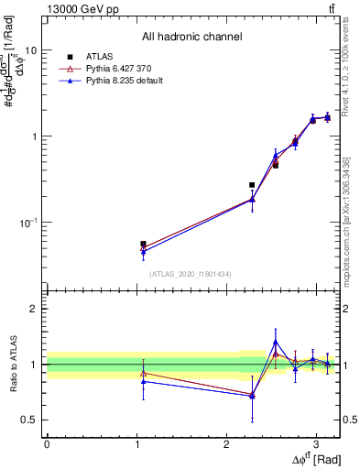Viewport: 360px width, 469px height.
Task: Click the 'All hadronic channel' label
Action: tap(191, 37)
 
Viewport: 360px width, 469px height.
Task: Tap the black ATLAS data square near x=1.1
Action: tap(143, 245)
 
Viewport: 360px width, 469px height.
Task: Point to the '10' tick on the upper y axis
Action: tap(30, 50)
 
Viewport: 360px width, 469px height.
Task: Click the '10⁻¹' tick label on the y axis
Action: tap(27, 223)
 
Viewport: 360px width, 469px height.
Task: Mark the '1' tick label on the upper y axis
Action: tap(34, 136)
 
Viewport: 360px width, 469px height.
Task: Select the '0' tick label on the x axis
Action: tap(47, 442)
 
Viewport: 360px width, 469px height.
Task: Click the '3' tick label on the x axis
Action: tap(316, 442)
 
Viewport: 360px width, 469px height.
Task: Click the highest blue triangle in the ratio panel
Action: tap(275, 342)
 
